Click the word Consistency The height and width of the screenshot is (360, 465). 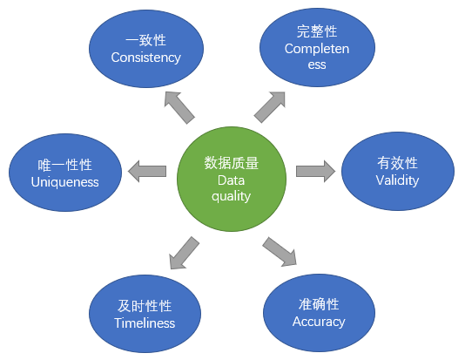click(x=146, y=58)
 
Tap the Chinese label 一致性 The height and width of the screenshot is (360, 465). click(x=145, y=40)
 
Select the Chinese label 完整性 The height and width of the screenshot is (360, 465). click(x=317, y=31)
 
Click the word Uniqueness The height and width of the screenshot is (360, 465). click(x=65, y=182)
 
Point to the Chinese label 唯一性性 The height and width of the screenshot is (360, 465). click(x=65, y=165)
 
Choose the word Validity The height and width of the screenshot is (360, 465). click(x=397, y=180)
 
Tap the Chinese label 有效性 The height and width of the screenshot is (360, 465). click(x=397, y=163)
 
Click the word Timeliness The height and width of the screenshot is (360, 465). click(x=145, y=323)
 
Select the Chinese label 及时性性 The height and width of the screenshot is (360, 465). click(x=145, y=306)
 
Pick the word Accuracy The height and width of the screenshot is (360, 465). click(x=319, y=322)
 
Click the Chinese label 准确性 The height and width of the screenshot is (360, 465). click(x=319, y=304)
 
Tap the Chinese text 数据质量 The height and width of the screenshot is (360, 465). click(x=232, y=163)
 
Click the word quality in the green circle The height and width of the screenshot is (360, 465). click(x=231, y=196)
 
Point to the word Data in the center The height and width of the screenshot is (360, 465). click(x=231, y=180)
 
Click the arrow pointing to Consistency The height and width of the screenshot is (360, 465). click(x=179, y=107)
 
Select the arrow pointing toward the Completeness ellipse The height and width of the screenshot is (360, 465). click(x=270, y=107)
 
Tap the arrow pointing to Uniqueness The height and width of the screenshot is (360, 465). click(x=147, y=171)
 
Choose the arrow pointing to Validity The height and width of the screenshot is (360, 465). click(x=315, y=171)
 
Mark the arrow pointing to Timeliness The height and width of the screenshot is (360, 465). click(x=184, y=253)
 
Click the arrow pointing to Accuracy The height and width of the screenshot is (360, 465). click(x=280, y=252)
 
